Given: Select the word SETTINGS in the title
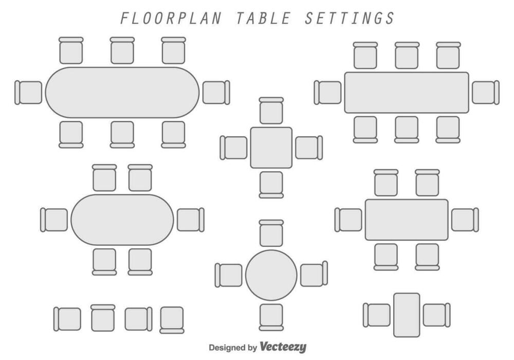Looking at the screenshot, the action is tap(350, 18).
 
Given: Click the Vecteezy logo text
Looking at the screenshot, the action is tap(283, 347).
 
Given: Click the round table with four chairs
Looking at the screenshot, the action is tap(271, 275).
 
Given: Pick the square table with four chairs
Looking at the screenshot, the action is tap(271, 148).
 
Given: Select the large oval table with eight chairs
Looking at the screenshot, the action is tap(122, 93).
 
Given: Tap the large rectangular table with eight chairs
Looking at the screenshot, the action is tap(406, 93).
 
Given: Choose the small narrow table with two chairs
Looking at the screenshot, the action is tap(407, 315).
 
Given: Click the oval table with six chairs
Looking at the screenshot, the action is tap(122, 220).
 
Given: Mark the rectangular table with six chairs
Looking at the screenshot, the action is tap(407, 220).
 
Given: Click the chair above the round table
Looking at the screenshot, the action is tap(271, 234).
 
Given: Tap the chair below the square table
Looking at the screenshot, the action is tap(271, 184).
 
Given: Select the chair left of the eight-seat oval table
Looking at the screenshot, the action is tap(29, 93).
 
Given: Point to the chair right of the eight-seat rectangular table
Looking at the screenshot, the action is tap(485, 93).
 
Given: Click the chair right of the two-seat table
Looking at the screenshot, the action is tap(435, 315).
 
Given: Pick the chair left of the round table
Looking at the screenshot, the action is tap(229, 275).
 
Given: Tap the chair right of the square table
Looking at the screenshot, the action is tap(308, 148).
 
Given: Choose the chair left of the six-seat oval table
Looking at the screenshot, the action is tap(54, 220).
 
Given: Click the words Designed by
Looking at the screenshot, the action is tap(232, 348).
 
